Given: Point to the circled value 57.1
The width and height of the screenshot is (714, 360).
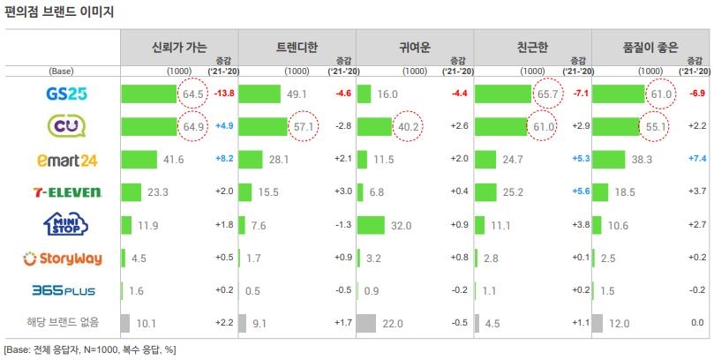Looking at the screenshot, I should [x=304, y=127].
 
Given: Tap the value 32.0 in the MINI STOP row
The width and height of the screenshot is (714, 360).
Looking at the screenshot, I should [x=402, y=226].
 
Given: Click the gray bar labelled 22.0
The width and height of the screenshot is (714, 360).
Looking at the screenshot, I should [x=367, y=323].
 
